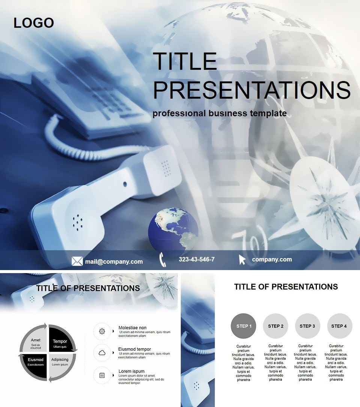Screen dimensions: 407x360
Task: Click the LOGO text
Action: click(x=34, y=23)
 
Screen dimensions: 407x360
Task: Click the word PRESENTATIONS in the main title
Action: click(x=252, y=90)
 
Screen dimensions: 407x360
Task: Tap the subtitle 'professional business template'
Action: click(x=219, y=113)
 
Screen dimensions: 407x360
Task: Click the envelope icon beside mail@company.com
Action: click(x=77, y=261)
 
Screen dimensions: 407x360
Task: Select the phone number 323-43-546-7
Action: click(x=196, y=259)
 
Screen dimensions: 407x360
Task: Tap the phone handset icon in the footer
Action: click(x=163, y=260)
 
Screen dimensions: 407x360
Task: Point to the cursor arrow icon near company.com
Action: click(x=242, y=260)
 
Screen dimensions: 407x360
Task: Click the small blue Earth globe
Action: click(x=173, y=229)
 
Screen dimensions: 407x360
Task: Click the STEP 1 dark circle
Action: click(x=244, y=326)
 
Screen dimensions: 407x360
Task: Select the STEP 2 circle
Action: click(x=276, y=326)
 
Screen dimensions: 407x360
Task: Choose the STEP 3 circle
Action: click(x=307, y=326)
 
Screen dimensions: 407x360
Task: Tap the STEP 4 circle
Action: click(x=339, y=326)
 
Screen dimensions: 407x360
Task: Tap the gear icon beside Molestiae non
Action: click(x=102, y=331)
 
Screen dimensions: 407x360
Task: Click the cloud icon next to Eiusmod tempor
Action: click(x=102, y=353)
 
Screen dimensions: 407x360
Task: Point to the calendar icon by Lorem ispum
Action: click(x=102, y=375)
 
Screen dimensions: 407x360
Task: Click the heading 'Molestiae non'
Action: click(x=132, y=327)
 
